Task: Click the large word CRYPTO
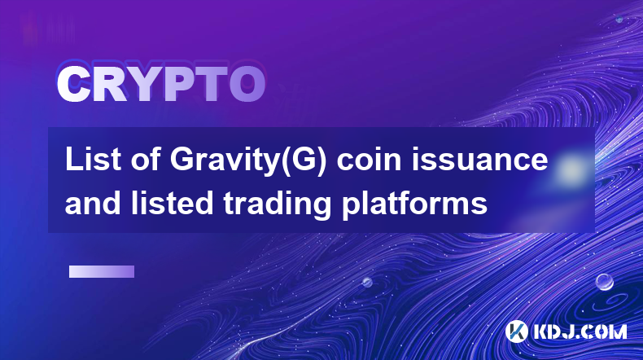[x=161, y=84]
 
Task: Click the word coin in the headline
[x=369, y=160]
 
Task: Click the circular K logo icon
[x=516, y=331]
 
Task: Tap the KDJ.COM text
[x=580, y=332]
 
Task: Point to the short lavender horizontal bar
[x=102, y=272]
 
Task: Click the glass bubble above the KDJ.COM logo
[x=604, y=282]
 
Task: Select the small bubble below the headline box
[x=367, y=282]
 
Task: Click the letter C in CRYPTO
[x=74, y=84]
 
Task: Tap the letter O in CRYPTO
[x=247, y=84]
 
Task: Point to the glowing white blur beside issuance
[x=570, y=169]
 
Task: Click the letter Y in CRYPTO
[x=145, y=84]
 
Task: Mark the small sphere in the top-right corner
[x=619, y=19]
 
